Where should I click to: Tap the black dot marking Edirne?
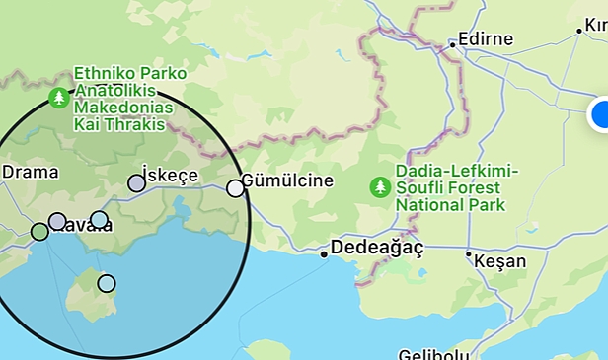coord(452,44)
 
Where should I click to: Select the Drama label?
coord(31,172)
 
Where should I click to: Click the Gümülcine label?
coord(288,182)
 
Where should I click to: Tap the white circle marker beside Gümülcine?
coord(235,187)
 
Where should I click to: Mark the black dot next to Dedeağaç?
coord(324,254)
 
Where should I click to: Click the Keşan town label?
coord(499,262)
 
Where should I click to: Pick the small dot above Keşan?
coord(469,254)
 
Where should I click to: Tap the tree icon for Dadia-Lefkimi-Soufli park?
coord(380,186)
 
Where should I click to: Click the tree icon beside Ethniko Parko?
coord(59,98)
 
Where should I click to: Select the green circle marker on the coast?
coord(39,232)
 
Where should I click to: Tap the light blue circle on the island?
coord(107,284)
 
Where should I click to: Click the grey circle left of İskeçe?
coord(137,182)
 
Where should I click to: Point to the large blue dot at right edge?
coord(601,114)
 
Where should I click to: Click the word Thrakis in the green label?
coord(148,123)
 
